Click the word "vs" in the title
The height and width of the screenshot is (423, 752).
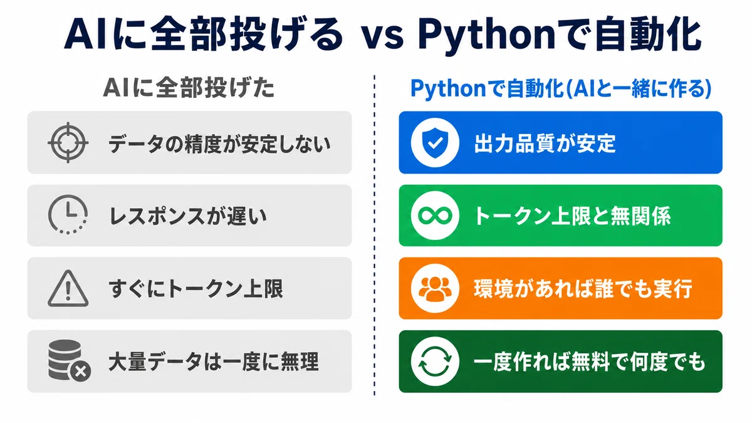pyautogui.click(x=382, y=36)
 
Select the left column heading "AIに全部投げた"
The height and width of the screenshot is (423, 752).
pyautogui.click(x=189, y=88)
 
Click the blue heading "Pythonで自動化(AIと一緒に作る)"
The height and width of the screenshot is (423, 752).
pyautogui.click(x=561, y=88)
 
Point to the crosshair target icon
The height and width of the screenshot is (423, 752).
pyautogui.click(x=68, y=143)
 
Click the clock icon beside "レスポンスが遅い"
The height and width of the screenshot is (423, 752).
pyautogui.click(x=68, y=215)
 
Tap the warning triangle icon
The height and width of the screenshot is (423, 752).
pyautogui.click(x=68, y=288)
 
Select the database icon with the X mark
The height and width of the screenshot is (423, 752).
pyautogui.click(x=69, y=361)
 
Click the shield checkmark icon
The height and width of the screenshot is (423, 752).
pyautogui.click(x=435, y=143)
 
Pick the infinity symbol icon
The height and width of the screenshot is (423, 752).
pyautogui.click(x=435, y=216)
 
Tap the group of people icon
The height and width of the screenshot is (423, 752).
pyautogui.click(x=435, y=288)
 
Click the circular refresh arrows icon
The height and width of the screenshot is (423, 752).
pyautogui.click(x=435, y=362)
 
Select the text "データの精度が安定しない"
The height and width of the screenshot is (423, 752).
pyautogui.click(x=219, y=144)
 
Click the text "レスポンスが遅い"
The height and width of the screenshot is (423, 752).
pyautogui.click(x=188, y=216)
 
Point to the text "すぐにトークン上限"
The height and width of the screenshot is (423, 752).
pyautogui.click(x=196, y=289)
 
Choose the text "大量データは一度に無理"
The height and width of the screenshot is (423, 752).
pyautogui.click(x=214, y=362)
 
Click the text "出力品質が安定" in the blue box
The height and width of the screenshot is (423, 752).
pyautogui.click(x=545, y=144)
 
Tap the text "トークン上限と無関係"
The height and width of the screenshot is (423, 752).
pyautogui.click(x=572, y=216)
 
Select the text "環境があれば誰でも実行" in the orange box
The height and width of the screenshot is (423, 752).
pyautogui.click(x=583, y=289)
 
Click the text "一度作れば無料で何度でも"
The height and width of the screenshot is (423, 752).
pyautogui.click(x=589, y=362)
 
